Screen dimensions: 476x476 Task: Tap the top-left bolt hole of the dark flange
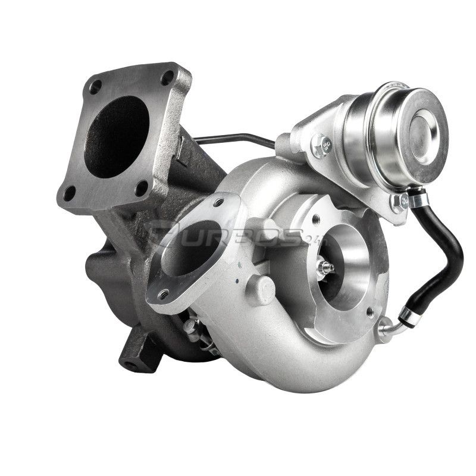click(x=95, y=86)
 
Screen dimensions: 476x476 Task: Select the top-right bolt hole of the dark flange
click(x=168, y=78)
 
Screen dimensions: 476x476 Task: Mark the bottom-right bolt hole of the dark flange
click(x=142, y=188)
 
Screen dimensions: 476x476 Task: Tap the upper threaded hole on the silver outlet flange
click(x=219, y=203)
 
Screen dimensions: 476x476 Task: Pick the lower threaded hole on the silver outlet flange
click(x=162, y=294)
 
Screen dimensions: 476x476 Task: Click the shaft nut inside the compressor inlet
click(x=325, y=267)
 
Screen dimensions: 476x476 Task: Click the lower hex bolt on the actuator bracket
click(x=397, y=203)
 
